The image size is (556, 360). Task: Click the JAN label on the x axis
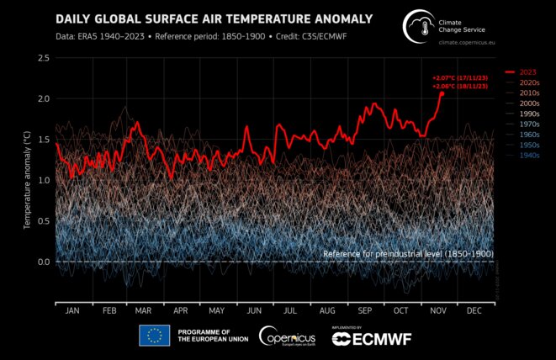[71, 310]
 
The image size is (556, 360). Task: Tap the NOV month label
[439, 310]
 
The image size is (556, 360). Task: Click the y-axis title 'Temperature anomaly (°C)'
[28, 181]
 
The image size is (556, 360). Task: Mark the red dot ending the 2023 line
[441, 93]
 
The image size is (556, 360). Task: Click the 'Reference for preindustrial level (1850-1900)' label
[408, 253]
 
